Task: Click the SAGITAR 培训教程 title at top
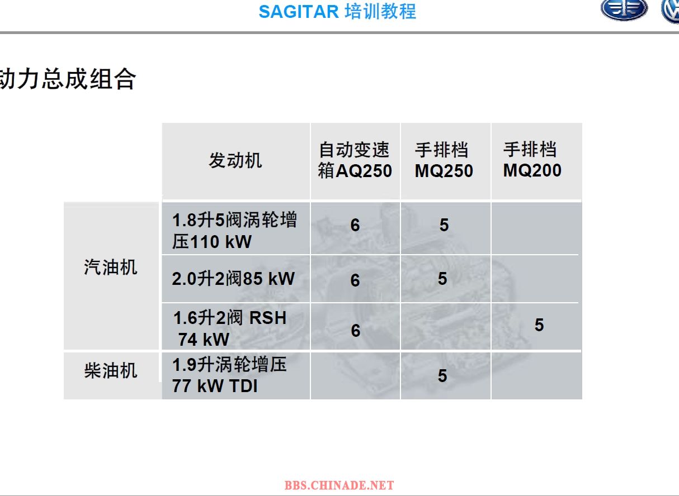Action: [x=337, y=12]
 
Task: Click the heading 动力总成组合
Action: [x=68, y=79]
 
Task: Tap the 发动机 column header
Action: [x=235, y=160]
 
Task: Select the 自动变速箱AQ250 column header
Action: [x=355, y=160]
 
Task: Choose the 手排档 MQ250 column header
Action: [x=444, y=160]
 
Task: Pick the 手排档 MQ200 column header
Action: [x=532, y=160]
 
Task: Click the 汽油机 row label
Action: [x=111, y=267]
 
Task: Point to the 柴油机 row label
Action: [x=111, y=370]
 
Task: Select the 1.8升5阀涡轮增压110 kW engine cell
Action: [x=234, y=231]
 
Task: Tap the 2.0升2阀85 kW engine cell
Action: [x=233, y=279]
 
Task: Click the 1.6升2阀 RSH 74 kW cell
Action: [x=230, y=328]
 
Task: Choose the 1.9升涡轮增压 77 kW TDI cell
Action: [x=229, y=375]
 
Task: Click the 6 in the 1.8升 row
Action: [x=355, y=225]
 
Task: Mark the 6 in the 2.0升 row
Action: [x=355, y=280]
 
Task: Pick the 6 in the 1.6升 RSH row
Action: [x=356, y=330]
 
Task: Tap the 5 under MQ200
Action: [x=539, y=325]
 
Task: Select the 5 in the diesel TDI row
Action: [x=442, y=376]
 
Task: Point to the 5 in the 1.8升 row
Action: [x=444, y=225]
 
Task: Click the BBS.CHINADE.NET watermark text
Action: [x=339, y=485]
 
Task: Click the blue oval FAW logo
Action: [x=624, y=9]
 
